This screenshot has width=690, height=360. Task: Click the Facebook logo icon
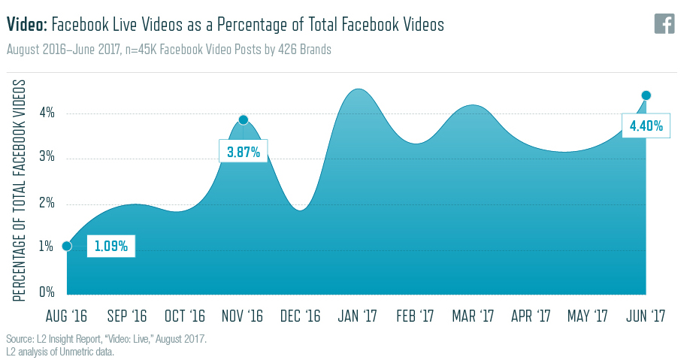pos(664,23)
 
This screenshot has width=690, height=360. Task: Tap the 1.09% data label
pos(111,246)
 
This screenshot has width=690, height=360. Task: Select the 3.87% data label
pos(244,152)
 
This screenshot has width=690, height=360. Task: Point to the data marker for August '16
pos(67,246)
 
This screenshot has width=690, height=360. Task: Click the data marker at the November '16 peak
pos(244,119)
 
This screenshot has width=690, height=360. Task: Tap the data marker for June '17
pos(646,95)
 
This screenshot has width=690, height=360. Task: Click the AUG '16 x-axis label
pos(67,315)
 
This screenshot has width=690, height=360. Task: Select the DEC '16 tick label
pos(299,315)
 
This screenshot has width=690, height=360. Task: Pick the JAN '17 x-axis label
pos(358,315)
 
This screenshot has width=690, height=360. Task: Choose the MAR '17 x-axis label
pos(474,315)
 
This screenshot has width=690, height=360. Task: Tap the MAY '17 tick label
pos(588,315)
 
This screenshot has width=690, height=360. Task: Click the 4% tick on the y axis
pos(47,113)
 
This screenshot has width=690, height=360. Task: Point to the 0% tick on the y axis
pos(47,292)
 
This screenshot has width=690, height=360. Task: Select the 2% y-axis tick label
pos(47,204)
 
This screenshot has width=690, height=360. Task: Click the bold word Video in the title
pos(27,25)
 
